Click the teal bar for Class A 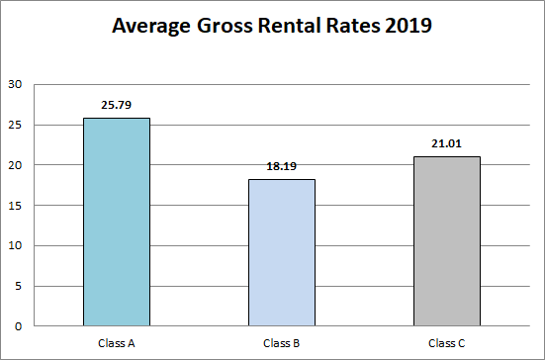pos(117,222)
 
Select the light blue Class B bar pos(282,252)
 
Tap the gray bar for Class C pos(447,240)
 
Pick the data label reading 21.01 pos(447,142)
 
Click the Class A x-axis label pos(117,342)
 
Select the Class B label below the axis pos(282,342)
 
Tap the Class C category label pos(447,342)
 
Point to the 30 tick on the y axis pos(14,84)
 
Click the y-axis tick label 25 pos(14,125)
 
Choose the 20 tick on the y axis pos(14,165)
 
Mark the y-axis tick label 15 pos(14,206)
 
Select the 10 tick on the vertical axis pos(14,245)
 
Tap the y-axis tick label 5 pos(17,286)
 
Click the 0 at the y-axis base pos(17,326)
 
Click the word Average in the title pos(152,27)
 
